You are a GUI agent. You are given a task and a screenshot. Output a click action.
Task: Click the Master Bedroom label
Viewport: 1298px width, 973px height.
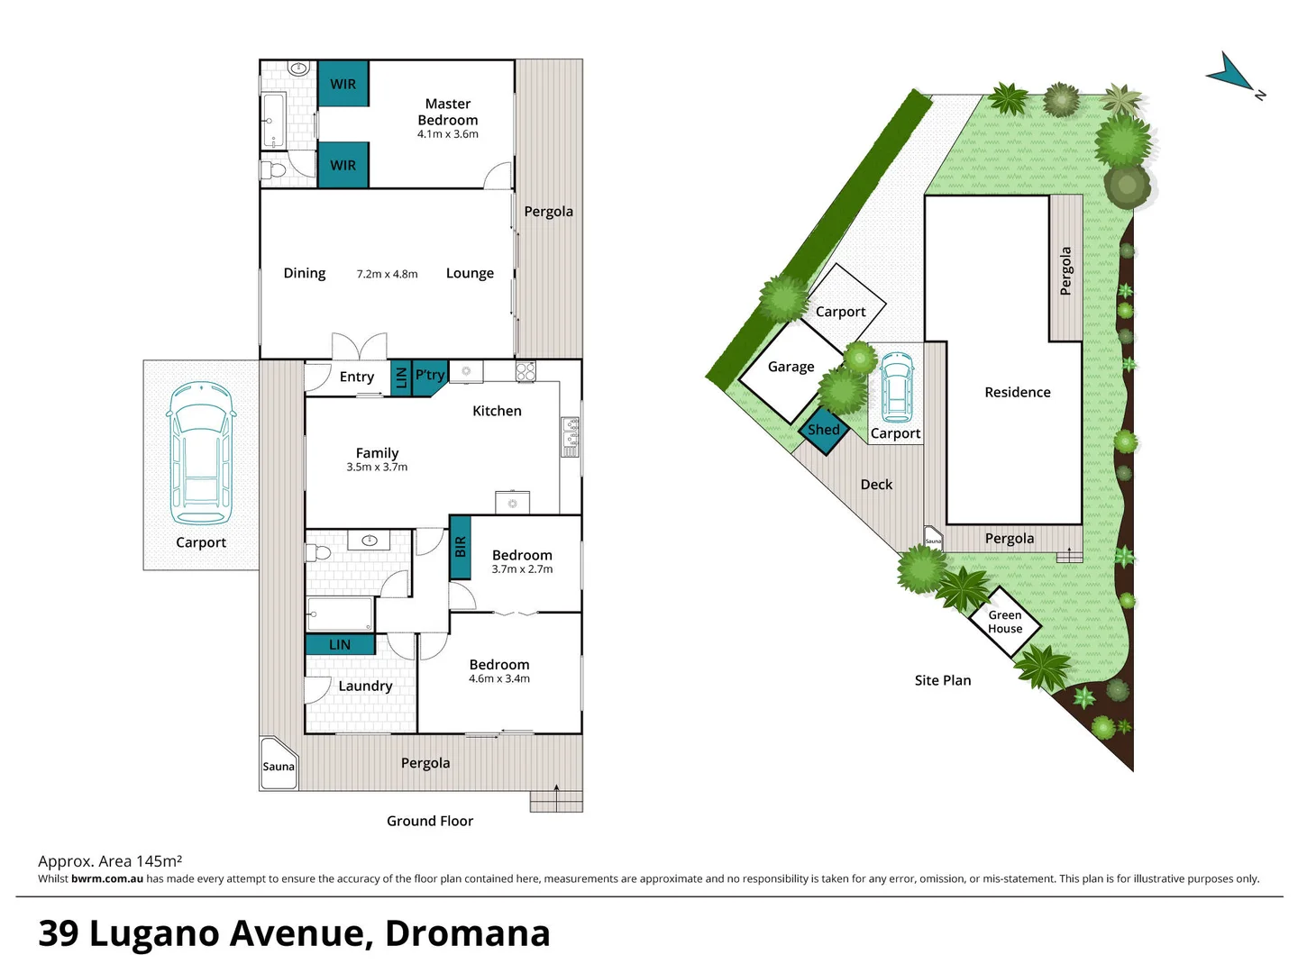448,113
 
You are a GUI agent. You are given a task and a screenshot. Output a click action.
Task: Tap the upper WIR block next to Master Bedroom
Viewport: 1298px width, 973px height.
343,84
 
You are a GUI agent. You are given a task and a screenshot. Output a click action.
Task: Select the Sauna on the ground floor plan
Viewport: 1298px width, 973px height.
279,765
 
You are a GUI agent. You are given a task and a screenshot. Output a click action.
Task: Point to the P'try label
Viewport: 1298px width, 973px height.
429,375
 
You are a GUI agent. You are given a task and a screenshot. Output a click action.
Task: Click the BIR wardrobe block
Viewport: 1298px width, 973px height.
460,547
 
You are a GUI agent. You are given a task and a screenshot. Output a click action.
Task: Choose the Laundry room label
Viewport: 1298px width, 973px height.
365,686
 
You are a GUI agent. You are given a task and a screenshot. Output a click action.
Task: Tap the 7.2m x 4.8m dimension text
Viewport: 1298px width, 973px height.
387,274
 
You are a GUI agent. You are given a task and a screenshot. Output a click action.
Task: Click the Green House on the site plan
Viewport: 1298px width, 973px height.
1005,622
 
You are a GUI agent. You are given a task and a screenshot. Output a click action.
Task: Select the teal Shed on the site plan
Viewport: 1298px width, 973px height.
823,430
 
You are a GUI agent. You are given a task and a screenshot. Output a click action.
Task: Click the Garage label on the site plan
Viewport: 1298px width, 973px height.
791,367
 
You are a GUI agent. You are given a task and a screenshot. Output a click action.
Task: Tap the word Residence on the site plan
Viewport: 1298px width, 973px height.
1017,392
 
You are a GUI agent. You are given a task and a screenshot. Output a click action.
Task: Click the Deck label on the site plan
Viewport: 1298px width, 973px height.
876,485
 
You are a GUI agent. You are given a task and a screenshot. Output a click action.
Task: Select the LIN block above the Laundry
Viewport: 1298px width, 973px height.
340,644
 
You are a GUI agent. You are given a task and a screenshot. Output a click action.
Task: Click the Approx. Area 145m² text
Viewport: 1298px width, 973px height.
110,861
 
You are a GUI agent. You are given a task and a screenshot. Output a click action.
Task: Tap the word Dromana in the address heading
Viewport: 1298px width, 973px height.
467,933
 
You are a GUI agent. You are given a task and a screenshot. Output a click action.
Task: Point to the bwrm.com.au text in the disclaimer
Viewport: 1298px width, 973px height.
107,879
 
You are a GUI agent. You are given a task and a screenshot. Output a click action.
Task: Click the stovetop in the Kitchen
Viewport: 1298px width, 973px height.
526,370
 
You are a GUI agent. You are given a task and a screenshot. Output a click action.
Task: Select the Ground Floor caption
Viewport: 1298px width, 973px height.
430,821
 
